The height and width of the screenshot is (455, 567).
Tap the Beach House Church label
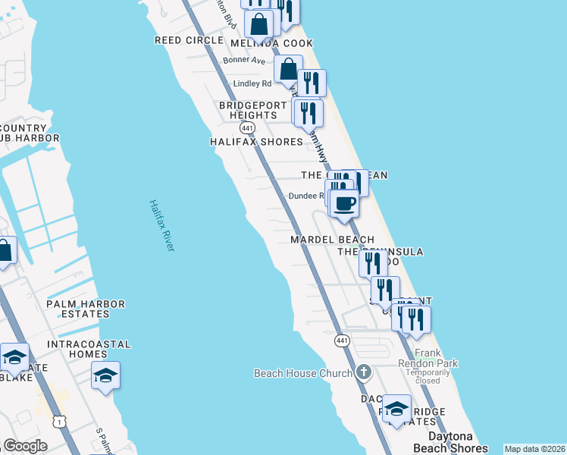point(303,373)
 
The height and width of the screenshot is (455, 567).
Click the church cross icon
point(364,372)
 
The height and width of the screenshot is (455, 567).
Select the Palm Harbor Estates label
point(85,309)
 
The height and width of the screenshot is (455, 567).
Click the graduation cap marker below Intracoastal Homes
point(105,375)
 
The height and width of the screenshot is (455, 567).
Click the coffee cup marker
point(345,203)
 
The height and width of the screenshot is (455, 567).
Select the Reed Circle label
point(183,39)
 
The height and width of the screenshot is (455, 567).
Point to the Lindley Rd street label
point(252,83)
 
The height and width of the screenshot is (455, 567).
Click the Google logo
point(25,445)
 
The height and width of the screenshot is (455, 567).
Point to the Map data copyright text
point(534,449)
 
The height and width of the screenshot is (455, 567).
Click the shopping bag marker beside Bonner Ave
point(289,69)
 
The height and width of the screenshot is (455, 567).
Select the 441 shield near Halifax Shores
point(247,128)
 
